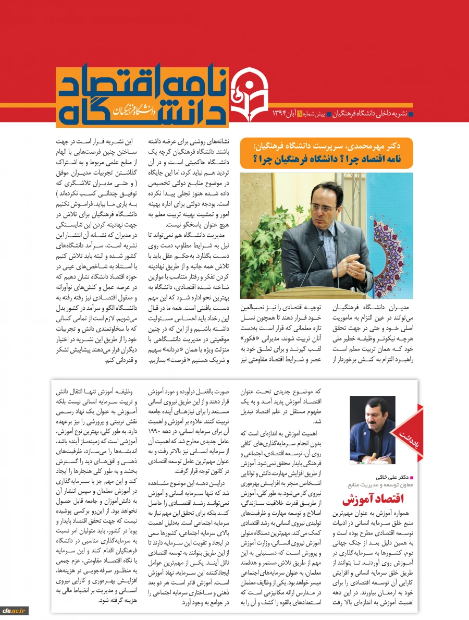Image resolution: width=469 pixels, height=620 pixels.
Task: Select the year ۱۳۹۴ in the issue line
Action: click(x=280, y=114)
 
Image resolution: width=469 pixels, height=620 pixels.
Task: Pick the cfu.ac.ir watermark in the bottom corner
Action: click(x=15, y=611)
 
